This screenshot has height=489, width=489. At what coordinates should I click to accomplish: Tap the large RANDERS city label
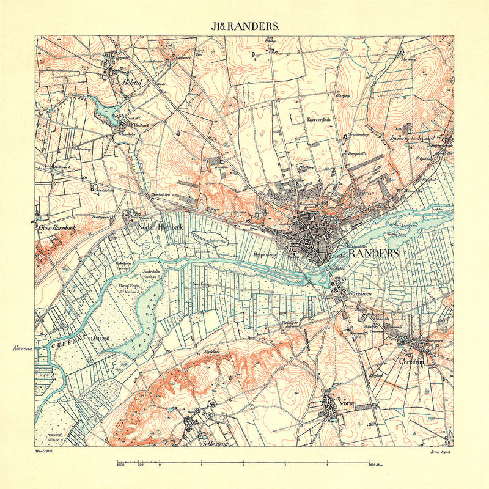373,253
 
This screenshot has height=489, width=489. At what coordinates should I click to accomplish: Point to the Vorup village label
348,405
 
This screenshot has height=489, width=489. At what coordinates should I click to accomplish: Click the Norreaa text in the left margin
21,348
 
